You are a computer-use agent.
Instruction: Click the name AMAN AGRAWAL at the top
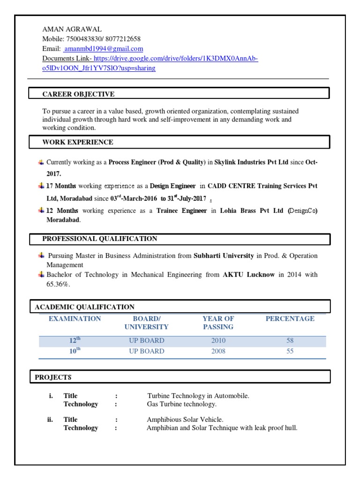click(x=72, y=29)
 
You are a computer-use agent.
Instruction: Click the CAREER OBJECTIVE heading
click(x=78, y=94)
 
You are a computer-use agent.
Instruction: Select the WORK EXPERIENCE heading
click(x=78, y=142)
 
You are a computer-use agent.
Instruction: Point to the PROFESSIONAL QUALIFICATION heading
click(x=100, y=239)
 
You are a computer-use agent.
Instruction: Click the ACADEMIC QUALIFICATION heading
click(x=85, y=307)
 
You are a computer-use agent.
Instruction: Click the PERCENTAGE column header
click(x=290, y=319)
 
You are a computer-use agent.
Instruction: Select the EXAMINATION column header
click(x=75, y=319)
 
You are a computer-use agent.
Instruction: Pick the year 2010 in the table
click(x=218, y=341)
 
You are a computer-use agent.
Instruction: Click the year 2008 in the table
click(x=218, y=351)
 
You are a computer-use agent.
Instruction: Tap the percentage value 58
click(x=290, y=341)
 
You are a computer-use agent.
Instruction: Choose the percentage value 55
click(x=290, y=351)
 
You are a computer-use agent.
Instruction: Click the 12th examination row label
click(x=75, y=340)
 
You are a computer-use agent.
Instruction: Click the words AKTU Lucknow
click(x=248, y=275)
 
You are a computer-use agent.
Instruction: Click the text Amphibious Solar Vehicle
click(x=185, y=420)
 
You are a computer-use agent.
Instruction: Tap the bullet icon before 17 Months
click(x=41, y=185)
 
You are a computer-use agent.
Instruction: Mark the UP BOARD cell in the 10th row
click(x=147, y=351)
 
